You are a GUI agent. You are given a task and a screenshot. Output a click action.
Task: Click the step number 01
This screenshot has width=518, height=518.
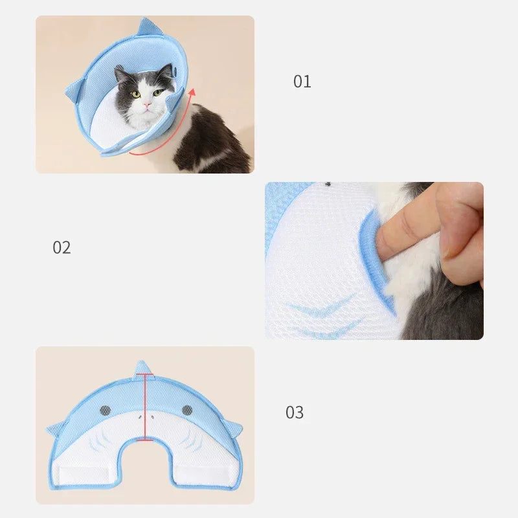pyautogui.click(x=302, y=82)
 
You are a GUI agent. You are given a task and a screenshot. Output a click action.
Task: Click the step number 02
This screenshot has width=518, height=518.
pyautogui.click(x=62, y=247)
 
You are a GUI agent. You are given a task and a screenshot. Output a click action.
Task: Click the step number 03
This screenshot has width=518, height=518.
pyautogui.click(x=295, y=412)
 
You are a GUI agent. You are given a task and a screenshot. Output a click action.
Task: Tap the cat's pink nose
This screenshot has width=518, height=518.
pyautogui.click(x=147, y=105)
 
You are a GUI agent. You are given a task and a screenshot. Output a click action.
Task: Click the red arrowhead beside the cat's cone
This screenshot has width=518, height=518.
pyautogui.click(x=192, y=92)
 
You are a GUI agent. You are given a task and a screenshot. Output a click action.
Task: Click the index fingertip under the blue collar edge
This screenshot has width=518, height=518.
pyautogui.click(x=383, y=242)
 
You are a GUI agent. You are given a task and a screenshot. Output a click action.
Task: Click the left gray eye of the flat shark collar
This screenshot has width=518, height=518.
pyautogui.click(x=106, y=411)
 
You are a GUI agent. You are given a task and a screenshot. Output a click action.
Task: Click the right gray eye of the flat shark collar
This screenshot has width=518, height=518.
pyautogui.click(x=187, y=411)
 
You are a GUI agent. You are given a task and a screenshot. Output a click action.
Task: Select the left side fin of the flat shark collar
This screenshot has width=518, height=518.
pyautogui.click(x=56, y=429)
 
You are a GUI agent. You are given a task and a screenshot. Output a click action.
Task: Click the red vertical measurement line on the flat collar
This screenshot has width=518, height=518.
pyautogui.click(x=145, y=407)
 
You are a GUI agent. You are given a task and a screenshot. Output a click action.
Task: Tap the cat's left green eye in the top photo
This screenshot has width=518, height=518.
pyautogui.click(x=136, y=95)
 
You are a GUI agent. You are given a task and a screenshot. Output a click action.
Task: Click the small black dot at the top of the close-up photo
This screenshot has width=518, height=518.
pyautogui.click(x=328, y=184)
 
